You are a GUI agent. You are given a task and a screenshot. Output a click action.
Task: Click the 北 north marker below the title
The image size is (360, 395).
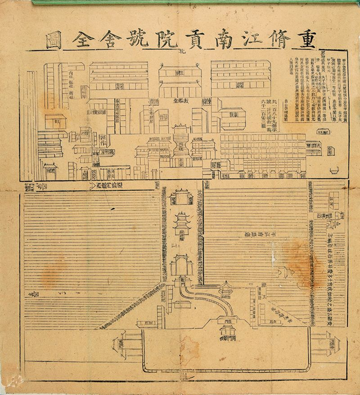(x=181, y=52)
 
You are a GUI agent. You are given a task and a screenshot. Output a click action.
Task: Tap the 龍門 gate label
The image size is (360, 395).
(x=181, y=279)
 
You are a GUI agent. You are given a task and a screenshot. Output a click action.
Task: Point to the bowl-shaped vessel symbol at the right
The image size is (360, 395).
(x=334, y=170)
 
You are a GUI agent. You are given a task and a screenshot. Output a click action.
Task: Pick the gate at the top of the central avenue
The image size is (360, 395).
(x=182, y=196)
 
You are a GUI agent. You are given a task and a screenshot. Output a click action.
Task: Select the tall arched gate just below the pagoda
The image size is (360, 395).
(x=181, y=264)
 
